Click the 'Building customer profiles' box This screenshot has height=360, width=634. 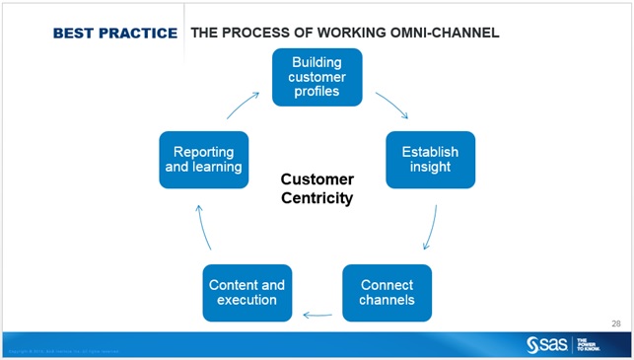[317, 77]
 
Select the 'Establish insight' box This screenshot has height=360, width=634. [430, 160]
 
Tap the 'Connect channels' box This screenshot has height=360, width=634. [387, 292]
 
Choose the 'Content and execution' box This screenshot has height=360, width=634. [247, 292]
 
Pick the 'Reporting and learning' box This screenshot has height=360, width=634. [203, 160]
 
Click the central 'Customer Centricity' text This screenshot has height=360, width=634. [317, 188]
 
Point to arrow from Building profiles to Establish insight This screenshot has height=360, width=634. [391, 106]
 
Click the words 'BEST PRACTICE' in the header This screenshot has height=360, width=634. [114, 34]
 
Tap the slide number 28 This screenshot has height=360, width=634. [615, 323]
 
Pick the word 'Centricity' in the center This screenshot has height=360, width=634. [317, 198]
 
